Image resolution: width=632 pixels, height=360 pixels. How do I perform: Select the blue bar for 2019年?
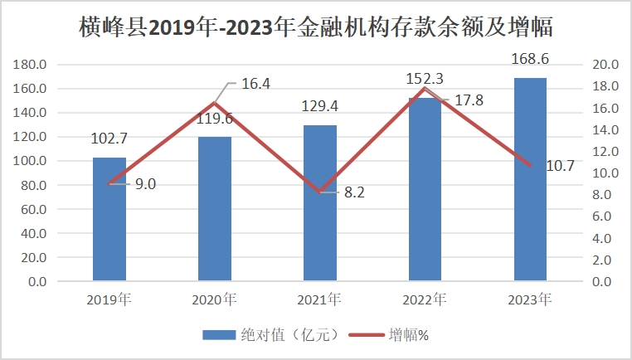[x=109, y=220]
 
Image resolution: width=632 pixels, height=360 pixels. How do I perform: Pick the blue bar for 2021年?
[x=320, y=203]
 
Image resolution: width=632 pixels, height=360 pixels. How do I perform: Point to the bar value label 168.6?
[x=530, y=60]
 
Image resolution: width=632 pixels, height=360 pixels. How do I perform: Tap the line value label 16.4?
[x=256, y=84]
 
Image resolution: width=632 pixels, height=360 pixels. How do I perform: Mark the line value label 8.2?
[x=355, y=192]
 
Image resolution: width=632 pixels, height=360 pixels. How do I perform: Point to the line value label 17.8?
[x=469, y=100]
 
